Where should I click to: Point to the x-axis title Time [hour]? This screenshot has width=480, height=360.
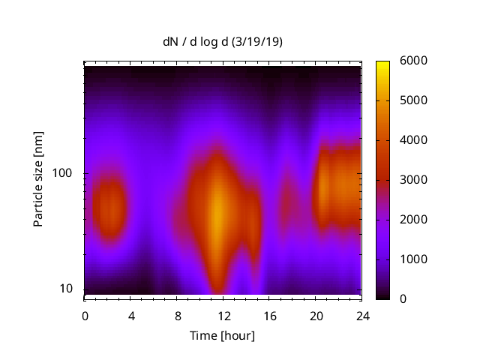(x=221, y=335)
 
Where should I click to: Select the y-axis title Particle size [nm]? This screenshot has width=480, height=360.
(x=38, y=180)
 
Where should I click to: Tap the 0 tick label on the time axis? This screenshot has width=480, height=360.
(x=85, y=316)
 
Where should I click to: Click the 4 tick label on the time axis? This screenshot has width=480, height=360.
(x=131, y=316)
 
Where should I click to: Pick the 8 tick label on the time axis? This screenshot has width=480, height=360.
(x=177, y=316)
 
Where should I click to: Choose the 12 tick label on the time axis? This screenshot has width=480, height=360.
(x=223, y=316)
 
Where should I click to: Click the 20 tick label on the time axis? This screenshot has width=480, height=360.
(x=316, y=316)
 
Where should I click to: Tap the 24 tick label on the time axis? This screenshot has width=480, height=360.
(x=361, y=316)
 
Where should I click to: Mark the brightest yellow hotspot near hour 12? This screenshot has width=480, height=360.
(x=216, y=215)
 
